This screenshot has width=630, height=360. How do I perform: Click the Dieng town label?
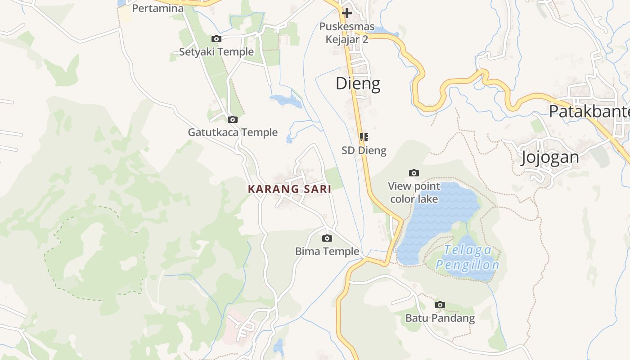[358, 84]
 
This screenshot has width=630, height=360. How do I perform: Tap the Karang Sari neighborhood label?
[289, 189]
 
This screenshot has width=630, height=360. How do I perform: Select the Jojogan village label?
[550, 157]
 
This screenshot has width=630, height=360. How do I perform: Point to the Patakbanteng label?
[589, 111]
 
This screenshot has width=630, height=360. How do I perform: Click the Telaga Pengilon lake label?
[468, 257]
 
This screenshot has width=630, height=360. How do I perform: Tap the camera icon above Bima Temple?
[327, 238]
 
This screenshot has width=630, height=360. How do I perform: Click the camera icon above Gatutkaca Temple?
[233, 119]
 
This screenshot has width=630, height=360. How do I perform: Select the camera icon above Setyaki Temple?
[216, 39]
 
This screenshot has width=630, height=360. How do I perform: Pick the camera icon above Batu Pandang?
[440, 305]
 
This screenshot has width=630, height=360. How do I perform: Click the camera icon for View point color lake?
[414, 173]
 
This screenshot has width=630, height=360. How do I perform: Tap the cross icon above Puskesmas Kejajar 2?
[346, 13]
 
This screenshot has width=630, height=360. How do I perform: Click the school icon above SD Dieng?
[364, 137]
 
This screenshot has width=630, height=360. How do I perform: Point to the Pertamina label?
[157, 9]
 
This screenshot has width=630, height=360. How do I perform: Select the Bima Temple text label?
[327, 252]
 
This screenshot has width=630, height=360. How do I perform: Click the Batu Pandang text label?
[440, 318]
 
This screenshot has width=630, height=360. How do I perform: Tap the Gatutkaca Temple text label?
[233, 133]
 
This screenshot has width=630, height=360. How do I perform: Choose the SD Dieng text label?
[364, 150]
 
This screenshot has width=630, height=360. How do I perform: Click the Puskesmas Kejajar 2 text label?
[346, 33]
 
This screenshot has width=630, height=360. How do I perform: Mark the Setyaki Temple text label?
[216, 52]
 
